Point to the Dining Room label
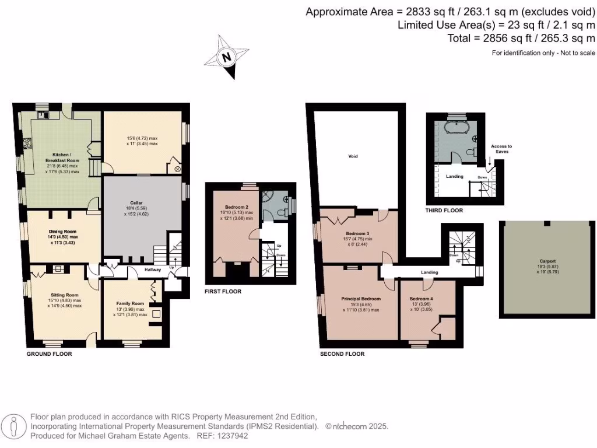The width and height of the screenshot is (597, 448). [x=62, y=232]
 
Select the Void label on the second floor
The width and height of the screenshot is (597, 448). [x=353, y=156]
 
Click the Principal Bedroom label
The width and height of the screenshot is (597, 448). [x=361, y=299]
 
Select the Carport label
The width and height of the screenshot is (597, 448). [x=547, y=261]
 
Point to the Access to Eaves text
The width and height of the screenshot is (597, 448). [x=501, y=148]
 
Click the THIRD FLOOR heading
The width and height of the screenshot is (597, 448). [x=444, y=211]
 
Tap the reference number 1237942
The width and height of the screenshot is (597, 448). [x=231, y=435]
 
